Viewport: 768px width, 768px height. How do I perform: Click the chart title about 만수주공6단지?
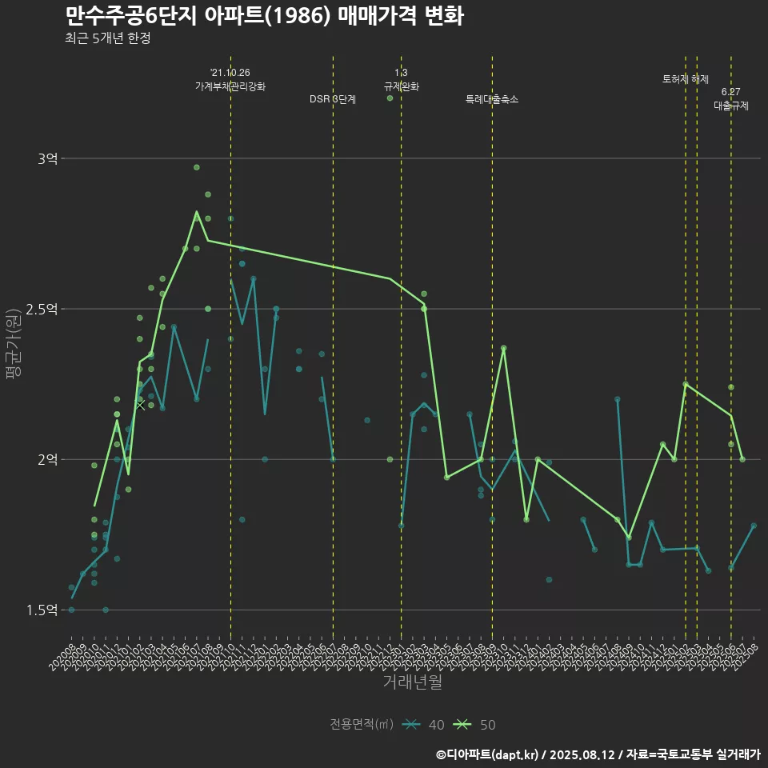point(264,16)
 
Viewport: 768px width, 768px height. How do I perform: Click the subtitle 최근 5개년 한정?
point(107,38)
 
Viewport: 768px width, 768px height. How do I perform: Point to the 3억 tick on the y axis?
point(47,159)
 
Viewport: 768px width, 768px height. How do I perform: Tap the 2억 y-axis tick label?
point(47,459)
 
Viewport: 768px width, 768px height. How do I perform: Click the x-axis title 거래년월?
point(412,682)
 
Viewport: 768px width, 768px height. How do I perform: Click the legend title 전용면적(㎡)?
point(362,725)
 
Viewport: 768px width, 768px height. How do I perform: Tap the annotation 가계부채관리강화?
point(230,86)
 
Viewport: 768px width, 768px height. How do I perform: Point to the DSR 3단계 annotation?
point(333,99)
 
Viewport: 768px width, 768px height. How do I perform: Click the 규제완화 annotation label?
point(402,86)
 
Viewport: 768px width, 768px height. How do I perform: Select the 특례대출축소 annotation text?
point(492,99)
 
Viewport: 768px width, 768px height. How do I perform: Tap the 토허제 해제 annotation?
point(686,79)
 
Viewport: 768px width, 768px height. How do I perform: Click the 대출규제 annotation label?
point(731,105)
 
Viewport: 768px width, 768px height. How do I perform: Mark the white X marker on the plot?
point(141,405)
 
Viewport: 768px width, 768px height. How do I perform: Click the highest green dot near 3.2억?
point(390,98)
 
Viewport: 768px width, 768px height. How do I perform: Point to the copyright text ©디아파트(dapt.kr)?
point(488,754)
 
